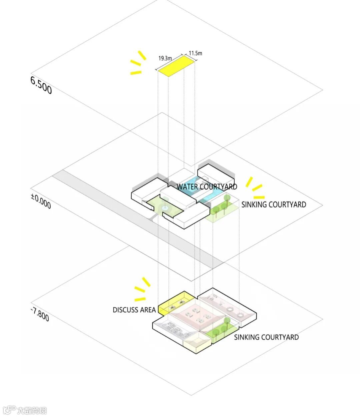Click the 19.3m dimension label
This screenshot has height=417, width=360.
click(165, 58)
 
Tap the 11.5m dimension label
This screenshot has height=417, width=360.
click(195, 53)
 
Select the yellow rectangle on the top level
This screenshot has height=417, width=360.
click(177, 66)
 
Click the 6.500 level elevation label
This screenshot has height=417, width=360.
click(41, 85)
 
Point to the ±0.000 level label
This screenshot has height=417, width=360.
click(41, 201)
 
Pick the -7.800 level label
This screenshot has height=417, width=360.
click(40, 314)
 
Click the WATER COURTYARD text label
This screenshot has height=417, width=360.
click(207, 186)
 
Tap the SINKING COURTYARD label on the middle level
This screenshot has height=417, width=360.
click(273, 204)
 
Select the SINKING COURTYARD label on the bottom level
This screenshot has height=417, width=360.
click(266, 337)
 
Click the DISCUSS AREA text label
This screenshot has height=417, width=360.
click(134, 310)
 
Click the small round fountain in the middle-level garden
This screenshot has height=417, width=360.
click(165, 208)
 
